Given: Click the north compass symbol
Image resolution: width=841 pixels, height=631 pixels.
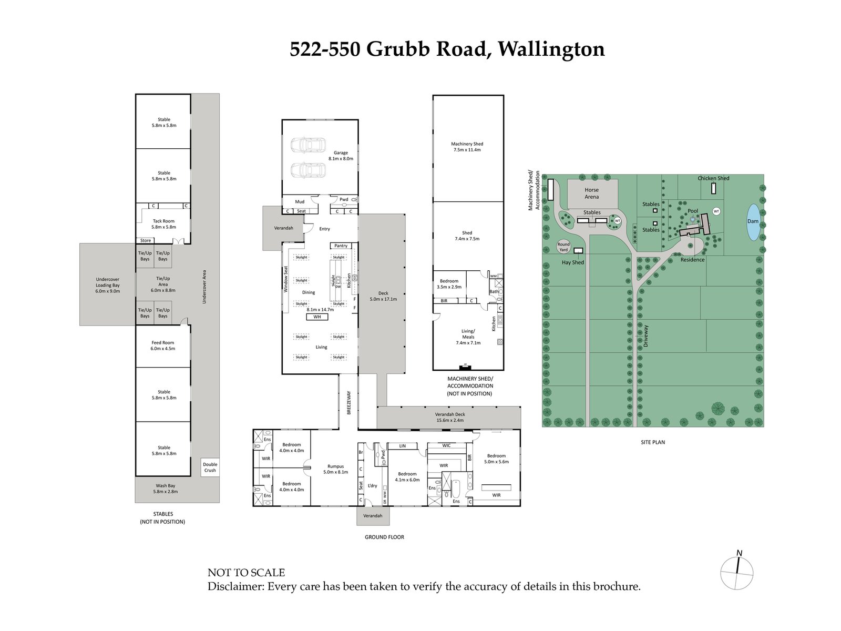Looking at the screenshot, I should click(x=736, y=573).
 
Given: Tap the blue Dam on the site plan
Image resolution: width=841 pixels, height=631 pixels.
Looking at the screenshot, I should click(x=753, y=221).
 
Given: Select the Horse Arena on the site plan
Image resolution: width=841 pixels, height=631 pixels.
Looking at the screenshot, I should click(x=591, y=194).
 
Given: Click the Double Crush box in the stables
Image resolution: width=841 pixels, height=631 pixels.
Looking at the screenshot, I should click(x=210, y=467).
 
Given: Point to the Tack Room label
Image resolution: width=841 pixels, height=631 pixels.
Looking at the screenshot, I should click(x=163, y=224).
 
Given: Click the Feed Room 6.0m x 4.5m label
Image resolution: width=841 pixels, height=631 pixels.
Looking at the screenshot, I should click(x=163, y=345).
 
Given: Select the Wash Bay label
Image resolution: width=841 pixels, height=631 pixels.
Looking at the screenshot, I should click(x=165, y=488).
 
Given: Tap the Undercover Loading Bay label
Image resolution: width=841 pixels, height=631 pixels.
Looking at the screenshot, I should click(x=107, y=285).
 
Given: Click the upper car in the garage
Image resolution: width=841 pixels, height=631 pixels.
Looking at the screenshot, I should click(x=308, y=145).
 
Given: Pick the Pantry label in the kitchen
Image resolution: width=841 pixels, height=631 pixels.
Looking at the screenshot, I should click(x=341, y=246).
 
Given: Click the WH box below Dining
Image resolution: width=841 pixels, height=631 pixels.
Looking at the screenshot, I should click(x=317, y=317).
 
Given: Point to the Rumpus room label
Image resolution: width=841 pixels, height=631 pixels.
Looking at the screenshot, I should click(x=335, y=469).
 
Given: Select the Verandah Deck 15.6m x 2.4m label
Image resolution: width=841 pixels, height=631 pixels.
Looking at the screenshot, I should click(x=449, y=417).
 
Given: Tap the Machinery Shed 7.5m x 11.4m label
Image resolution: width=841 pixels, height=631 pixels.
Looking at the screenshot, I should click(x=467, y=147).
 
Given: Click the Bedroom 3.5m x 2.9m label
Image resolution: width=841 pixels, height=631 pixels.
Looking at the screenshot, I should click(x=449, y=284).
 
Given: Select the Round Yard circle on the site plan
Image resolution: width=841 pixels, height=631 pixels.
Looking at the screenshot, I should click(x=563, y=247).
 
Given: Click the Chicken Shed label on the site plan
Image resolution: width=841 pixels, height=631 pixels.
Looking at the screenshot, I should click(x=713, y=178).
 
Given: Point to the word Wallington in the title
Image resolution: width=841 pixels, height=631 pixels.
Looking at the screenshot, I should click(x=551, y=49).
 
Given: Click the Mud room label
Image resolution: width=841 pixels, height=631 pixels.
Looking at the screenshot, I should click(x=300, y=201).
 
